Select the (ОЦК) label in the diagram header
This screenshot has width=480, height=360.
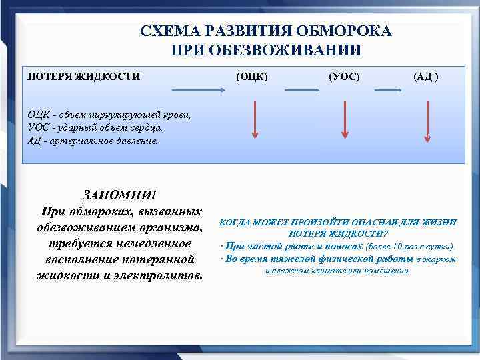[253, 77]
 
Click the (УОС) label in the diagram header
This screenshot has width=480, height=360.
[344, 77]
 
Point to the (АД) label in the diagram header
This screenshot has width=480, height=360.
[426, 77]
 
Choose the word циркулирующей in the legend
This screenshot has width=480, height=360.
[124, 115]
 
